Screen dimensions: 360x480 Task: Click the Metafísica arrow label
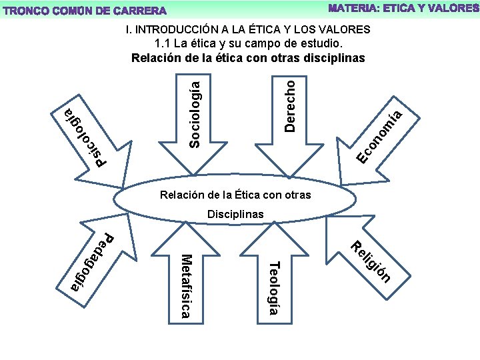(x=187, y=286)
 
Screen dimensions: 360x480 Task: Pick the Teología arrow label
(x=273, y=287)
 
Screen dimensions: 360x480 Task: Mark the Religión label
(x=370, y=261)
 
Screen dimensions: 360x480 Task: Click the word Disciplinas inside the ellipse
(x=235, y=214)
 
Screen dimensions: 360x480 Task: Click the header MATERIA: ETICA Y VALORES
(x=403, y=8)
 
